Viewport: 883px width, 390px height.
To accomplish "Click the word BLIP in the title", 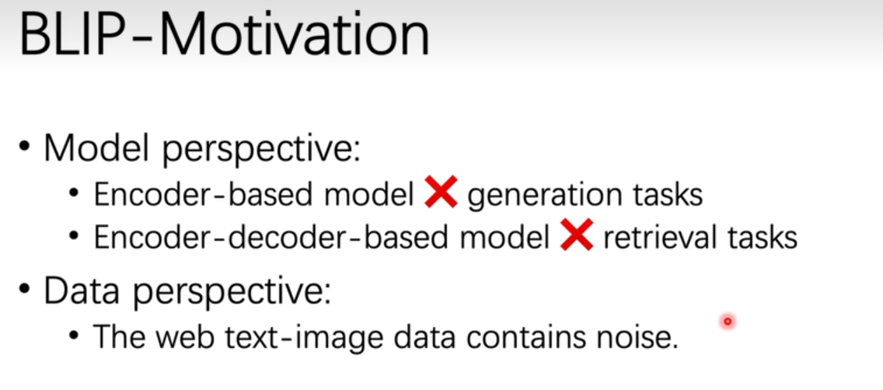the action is coord(76,36).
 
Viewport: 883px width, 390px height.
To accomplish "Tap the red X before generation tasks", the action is coord(441,192).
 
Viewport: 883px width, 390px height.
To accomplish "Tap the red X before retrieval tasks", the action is coord(577,235).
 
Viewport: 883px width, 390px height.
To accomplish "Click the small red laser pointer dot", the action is coord(728,322).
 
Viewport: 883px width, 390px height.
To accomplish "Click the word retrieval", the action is coord(659,238).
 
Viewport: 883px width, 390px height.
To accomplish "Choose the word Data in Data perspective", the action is coord(82,291).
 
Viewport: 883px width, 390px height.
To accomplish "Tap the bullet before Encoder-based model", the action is coord(75,193).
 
